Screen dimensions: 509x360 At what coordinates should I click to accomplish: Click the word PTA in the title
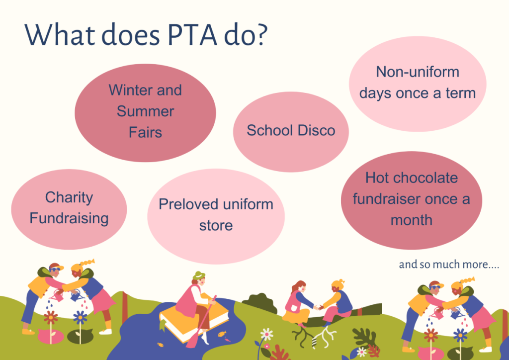coord(192,34)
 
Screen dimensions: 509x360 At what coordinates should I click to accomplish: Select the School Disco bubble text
coord(291,130)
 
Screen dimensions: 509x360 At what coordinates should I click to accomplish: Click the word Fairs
coord(145,132)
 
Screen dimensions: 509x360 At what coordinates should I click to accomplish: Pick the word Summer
coord(146,111)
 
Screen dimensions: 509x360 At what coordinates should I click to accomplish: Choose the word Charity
coord(69,197)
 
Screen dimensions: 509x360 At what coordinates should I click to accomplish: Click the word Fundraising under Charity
coord(69,218)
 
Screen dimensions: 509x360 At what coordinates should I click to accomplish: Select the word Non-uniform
coord(418,72)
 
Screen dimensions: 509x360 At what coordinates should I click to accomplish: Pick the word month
coord(411,220)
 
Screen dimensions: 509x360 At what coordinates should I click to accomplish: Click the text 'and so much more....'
coord(449,265)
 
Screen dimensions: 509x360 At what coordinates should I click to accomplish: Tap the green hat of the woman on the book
coord(199,275)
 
